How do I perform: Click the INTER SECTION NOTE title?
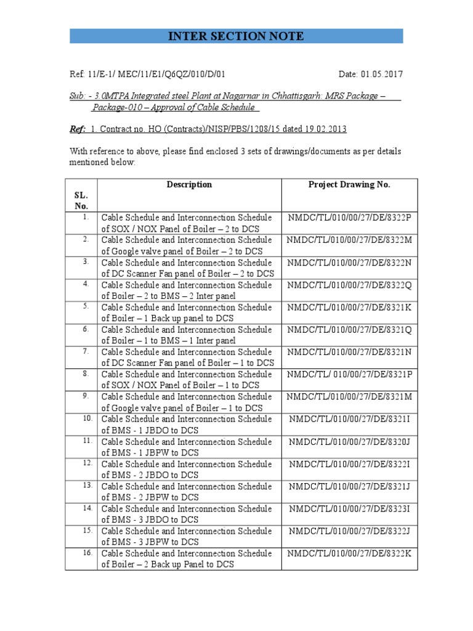[236, 36]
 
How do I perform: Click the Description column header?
[189, 185]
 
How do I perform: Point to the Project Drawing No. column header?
[349, 185]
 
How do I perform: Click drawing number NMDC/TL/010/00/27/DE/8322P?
[349, 218]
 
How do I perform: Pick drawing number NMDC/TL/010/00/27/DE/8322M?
[349, 240]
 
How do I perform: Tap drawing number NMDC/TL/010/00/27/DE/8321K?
[349, 307]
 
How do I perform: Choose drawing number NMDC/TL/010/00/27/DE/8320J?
[349, 442]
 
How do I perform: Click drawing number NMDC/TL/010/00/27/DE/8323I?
[349, 509]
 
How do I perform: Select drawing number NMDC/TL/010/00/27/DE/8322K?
[349, 553]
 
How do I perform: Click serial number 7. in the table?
[86, 351]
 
